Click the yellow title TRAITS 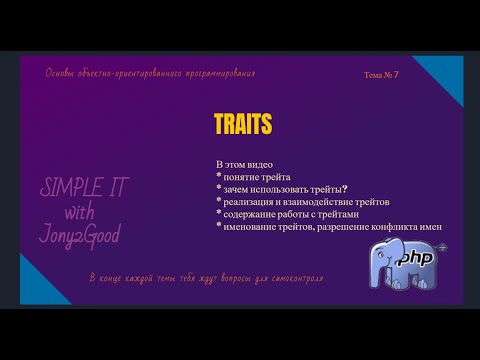[x=243, y=122]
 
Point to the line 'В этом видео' [x=246, y=163]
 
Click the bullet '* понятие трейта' [x=258, y=176]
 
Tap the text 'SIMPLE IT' [x=84, y=191]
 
